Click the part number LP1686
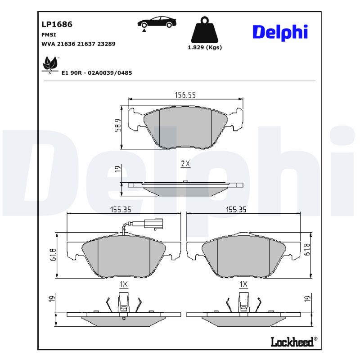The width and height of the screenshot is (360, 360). [57, 24]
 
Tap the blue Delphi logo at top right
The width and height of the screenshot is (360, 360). [279, 32]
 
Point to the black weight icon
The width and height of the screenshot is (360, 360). [204, 30]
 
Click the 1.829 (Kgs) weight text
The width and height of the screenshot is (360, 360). [205, 48]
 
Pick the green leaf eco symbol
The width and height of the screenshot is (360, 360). [49, 64]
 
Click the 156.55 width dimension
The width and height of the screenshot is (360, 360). [185, 94]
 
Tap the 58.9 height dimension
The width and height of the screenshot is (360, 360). [117, 125]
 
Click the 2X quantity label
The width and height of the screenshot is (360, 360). [185, 164]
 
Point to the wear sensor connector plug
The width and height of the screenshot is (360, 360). [153, 222]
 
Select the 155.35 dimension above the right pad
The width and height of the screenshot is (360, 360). [236, 209]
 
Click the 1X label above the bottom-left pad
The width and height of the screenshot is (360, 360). [124, 284]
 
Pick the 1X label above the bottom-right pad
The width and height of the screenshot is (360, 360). [243, 284]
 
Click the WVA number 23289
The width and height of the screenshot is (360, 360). [107, 44]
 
